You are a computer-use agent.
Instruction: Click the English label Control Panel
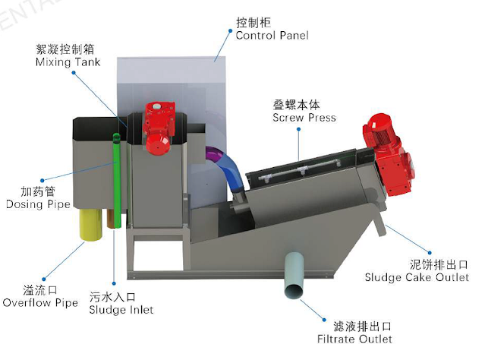[x=272, y=36]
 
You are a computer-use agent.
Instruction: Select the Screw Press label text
[x=304, y=118]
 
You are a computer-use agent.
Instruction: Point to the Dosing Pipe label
[x=38, y=204]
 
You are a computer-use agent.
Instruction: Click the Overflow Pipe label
[x=40, y=303]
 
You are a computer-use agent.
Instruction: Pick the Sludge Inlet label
[x=121, y=309]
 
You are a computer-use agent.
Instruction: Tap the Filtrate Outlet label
[x=354, y=338]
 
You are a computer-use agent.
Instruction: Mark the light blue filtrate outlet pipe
[x=293, y=277]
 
